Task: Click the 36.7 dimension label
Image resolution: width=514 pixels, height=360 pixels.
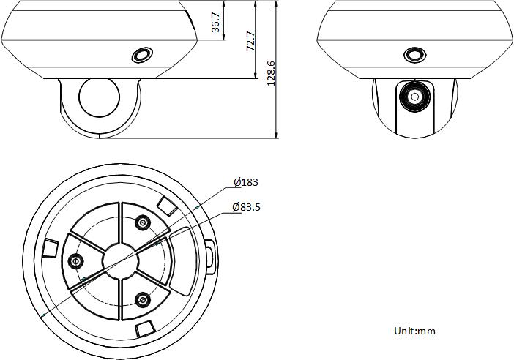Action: [216, 22]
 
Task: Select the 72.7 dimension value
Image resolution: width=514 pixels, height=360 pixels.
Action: [250, 41]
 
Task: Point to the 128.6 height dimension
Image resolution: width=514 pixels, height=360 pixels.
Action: [271, 73]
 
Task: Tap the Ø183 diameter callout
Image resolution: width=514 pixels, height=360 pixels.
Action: [246, 182]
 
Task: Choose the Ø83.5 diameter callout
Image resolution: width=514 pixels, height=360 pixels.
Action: [246, 207]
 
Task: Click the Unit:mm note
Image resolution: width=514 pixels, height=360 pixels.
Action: [414, 331]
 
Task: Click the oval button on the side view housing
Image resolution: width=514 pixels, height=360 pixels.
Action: [142, 55]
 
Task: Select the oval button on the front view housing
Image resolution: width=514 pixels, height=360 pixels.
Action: [414, 55]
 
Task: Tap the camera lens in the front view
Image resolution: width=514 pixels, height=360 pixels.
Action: [414, 97]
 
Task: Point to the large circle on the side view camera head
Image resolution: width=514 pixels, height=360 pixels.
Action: [100, 98]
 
